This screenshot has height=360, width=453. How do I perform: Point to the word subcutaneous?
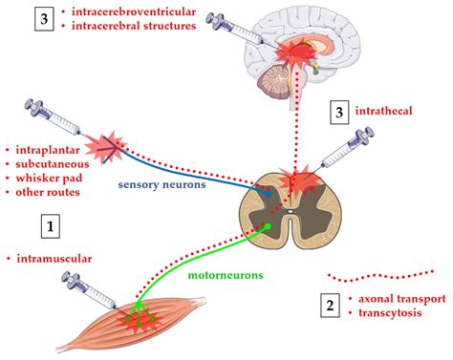pyautogui.click(x=52, y=164)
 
